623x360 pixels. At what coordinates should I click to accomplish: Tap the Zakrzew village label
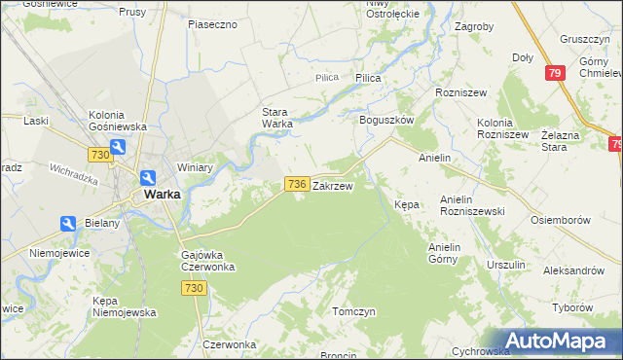(332, 184)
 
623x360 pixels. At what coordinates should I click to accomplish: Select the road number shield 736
(297, 184)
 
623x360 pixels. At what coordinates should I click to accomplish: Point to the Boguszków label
(387, 119)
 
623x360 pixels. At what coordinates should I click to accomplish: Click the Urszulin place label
(506, 265)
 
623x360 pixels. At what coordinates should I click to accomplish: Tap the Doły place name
(523, 57)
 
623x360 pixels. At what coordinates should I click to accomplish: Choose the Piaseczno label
(213, 24)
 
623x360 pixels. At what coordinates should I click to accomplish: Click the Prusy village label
(131, 12)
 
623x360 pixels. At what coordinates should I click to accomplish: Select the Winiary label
(195, 167)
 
